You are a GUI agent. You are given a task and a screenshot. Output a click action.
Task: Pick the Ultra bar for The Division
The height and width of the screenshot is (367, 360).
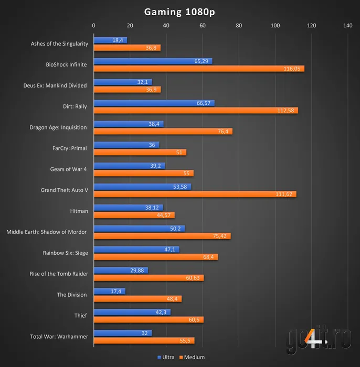109,291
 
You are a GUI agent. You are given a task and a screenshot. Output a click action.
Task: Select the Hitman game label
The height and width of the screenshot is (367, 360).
78,211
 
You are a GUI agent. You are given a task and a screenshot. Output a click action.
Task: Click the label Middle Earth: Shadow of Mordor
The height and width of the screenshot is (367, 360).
47,232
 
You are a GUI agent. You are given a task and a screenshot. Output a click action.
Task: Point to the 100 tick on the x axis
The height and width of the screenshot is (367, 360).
275,25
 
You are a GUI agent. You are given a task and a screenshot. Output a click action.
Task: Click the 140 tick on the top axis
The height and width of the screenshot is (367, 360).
347,25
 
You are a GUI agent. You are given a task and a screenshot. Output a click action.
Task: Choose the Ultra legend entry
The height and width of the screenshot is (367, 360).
166,357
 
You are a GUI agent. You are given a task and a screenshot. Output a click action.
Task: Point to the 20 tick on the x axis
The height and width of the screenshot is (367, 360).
130,25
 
